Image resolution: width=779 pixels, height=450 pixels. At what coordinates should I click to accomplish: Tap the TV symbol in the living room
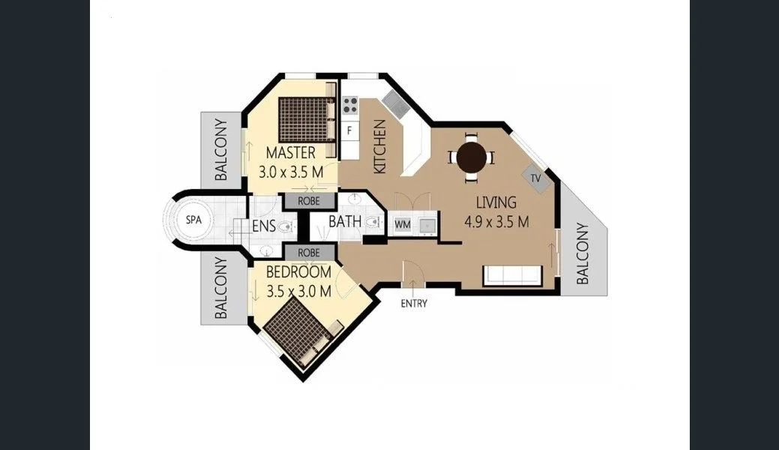pos(535,178)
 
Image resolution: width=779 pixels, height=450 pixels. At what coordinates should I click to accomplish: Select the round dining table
pos(472,157)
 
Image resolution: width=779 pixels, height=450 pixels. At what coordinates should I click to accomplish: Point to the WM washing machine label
pos(402,223)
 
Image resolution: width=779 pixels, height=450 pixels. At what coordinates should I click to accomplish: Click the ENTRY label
pos(414,304)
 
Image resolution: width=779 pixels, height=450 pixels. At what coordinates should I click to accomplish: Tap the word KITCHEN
pos(379,146)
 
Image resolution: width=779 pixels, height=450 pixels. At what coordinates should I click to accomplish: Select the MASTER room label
pos(290,154)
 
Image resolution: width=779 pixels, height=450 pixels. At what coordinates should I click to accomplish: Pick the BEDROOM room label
pos(298,272)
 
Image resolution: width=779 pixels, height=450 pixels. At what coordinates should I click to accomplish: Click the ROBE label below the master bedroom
pos(309,201)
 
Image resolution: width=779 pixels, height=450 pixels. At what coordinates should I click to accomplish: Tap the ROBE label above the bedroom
pos(309,253)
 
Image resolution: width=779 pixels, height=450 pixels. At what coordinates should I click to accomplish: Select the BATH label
pos(345,222)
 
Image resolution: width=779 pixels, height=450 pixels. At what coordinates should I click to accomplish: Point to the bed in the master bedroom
pos(305,118)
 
